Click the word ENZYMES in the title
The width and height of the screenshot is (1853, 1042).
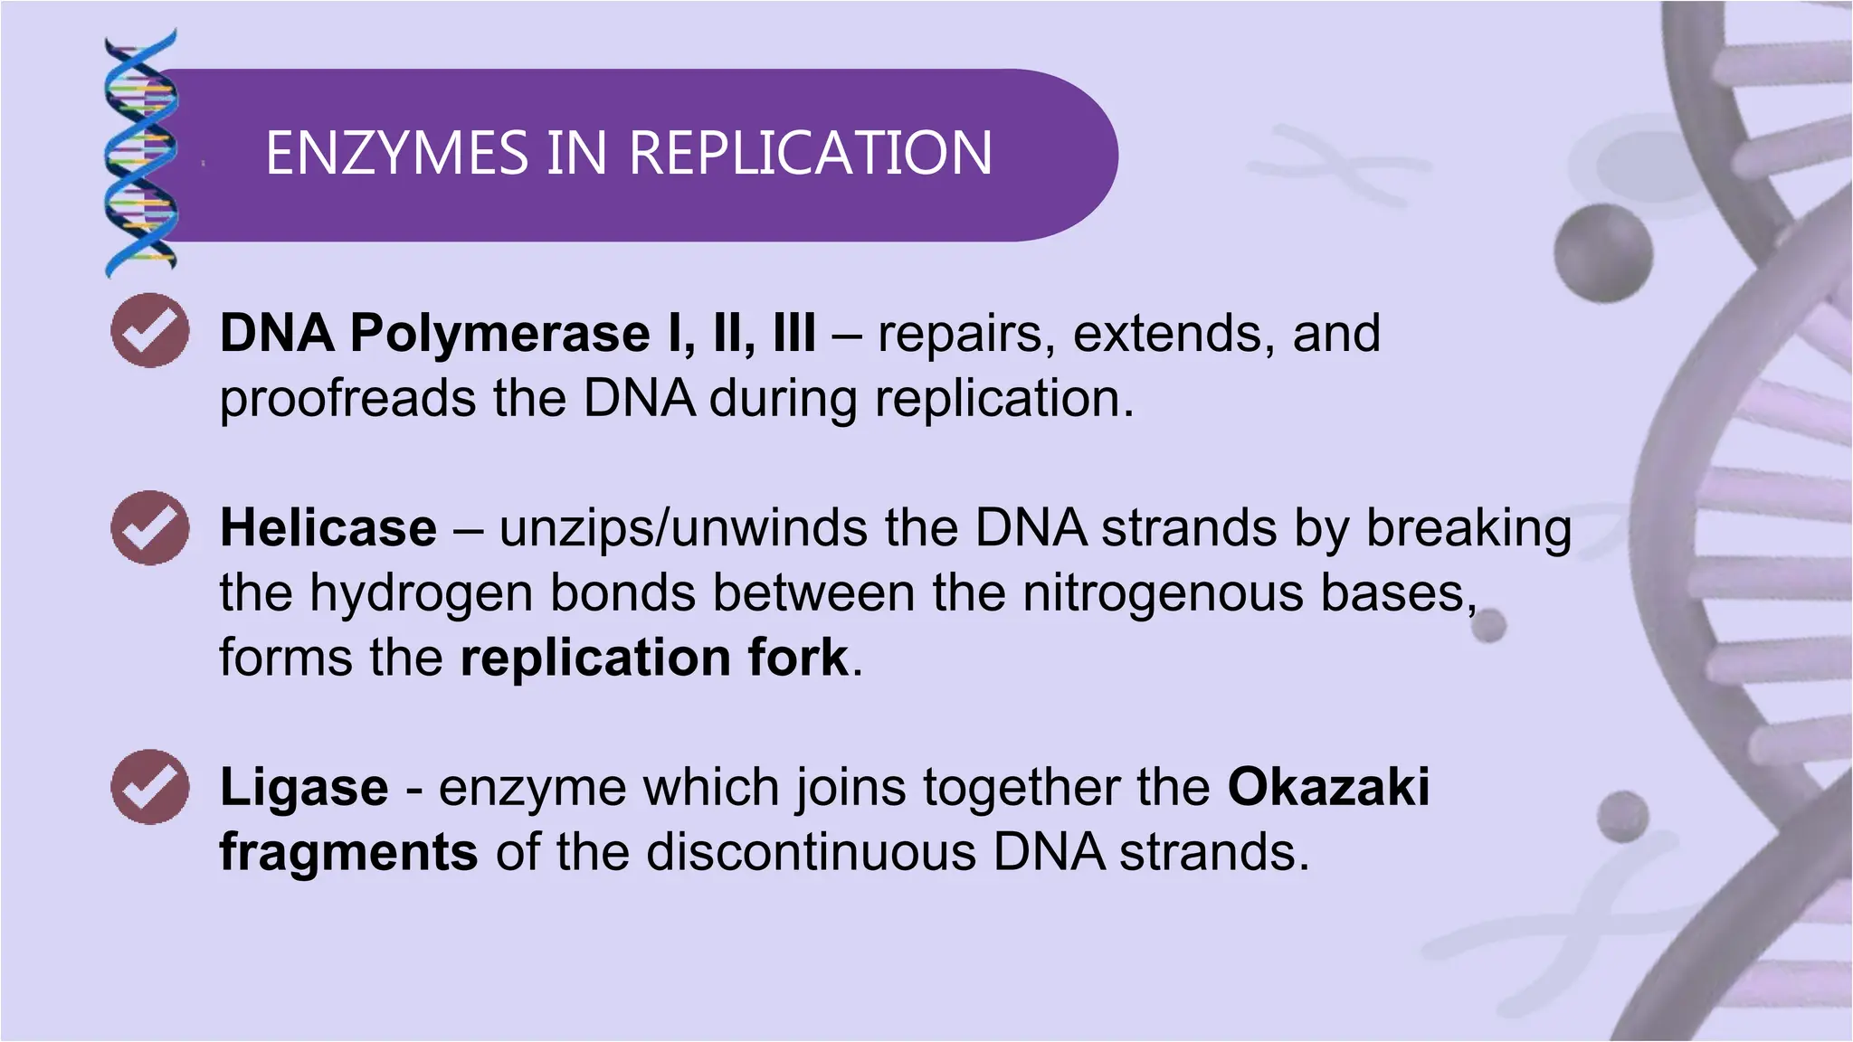396,153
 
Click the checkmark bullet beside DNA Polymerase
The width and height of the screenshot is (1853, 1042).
149,330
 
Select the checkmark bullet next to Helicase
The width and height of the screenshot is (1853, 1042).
149,527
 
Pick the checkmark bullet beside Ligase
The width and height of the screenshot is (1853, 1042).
149,786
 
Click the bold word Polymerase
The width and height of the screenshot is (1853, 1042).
499,334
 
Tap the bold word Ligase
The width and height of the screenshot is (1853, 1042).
304,787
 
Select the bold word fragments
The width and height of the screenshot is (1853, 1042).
348,852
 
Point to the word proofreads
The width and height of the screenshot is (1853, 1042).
347,399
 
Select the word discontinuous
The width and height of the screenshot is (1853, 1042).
811,852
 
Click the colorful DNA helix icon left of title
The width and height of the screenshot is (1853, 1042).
140,154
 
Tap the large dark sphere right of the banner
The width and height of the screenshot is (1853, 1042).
1602,253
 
